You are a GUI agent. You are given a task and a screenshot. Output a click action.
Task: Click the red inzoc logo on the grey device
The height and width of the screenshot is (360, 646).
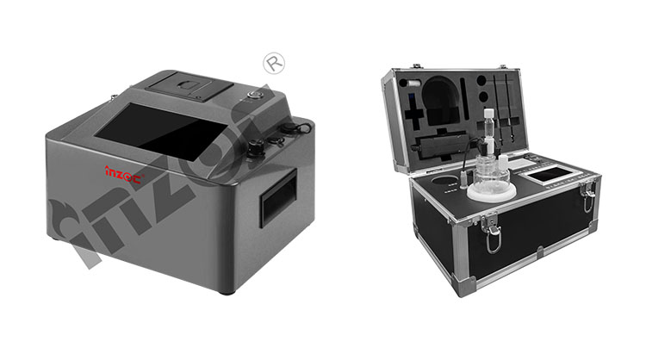(123, 173)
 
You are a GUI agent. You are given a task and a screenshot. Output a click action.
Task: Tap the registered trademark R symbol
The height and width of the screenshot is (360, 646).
(274, 63)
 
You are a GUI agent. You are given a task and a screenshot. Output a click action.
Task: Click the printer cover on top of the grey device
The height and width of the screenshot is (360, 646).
(189, 86)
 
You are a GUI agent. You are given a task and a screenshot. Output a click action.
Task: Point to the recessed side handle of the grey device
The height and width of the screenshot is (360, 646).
(278, 197)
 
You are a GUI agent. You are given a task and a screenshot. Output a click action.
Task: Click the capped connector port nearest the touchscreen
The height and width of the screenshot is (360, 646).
(257, 147)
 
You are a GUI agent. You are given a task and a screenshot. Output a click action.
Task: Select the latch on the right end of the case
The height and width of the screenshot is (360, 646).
(588, 197)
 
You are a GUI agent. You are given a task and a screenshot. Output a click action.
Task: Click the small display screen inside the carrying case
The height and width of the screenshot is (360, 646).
(550, 174)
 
